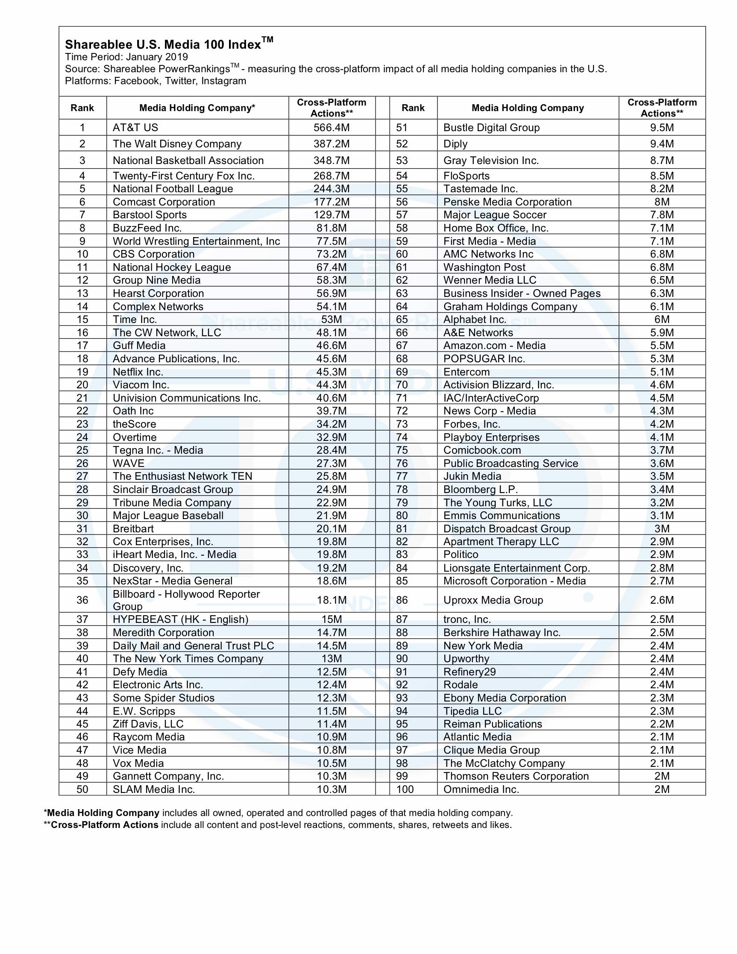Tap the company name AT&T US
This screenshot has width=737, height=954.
pyautogui.click(x=135, y=128)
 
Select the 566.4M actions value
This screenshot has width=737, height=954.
pyautogui.click(x=332, y=128)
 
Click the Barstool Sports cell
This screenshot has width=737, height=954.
pyautogui.click(x=150, y=214)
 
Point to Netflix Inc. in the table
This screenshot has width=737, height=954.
pyautogui.click(x=138, y=372)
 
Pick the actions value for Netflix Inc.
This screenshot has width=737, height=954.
pyautogui.click(x=332, y=372)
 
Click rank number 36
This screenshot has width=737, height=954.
pyautogui.click(x=82, y=600)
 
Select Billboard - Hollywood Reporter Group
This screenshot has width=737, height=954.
pyautogui.click(x=186, y=600)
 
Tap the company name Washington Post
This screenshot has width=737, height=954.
pyautogui.click(x=484, y=267)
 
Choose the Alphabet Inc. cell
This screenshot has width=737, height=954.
pyautogui.click(x=474, y=319)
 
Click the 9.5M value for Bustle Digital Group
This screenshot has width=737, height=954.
pyautogui.click(x=662, y=128)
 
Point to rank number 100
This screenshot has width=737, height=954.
pyautogui.click(x=405, y=790)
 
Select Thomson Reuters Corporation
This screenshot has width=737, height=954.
pyautogui.click(x=516, y=776)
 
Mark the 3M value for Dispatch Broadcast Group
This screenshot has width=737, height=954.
pyautogui.click(x=662, y=528)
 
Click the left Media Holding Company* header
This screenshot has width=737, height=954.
pyautogui.click(x=197, y=108)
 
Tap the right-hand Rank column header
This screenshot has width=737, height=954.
pyautogui.click(x=413, y=108)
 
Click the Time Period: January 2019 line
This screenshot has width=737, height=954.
pyautogui.click(x=126, y=57)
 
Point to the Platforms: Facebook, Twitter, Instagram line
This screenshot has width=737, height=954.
pyautogui.click(x=156, y=81)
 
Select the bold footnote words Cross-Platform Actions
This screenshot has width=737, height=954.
pyautogui.click(x=104, y=825)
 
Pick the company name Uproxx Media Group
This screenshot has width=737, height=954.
pyautogui.click(x=493, y=600)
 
